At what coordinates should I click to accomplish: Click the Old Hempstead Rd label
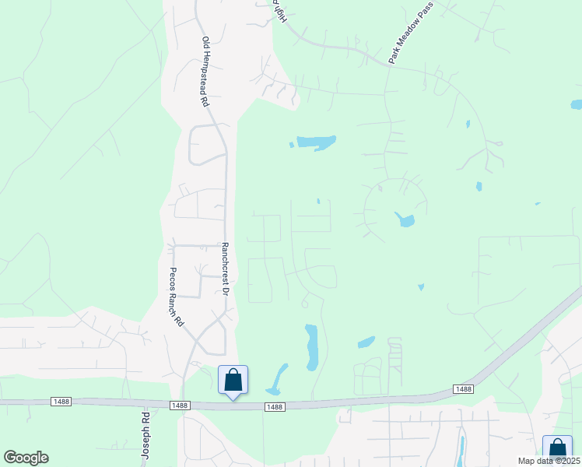coord(205,72)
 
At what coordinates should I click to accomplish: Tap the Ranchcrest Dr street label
coord(224,269)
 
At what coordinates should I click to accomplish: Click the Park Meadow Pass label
coord(410,43)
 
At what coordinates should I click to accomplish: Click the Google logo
coord(26,458)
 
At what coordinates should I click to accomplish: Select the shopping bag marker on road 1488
coord(233,381)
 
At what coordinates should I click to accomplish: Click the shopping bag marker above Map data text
coord(557,448)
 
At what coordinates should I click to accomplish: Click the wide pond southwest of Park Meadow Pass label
coord(315,142)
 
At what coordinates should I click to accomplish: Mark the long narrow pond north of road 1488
coord(312,347)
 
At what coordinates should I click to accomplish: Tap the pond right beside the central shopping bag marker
coord(275,380)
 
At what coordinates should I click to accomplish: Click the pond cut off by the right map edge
coord(576,104)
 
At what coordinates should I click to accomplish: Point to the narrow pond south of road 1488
coord(461,451)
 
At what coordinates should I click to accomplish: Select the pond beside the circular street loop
coord(405,220)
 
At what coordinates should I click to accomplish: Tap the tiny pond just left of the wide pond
coord(291,144)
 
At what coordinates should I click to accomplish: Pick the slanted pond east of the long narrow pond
coord(366,342)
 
